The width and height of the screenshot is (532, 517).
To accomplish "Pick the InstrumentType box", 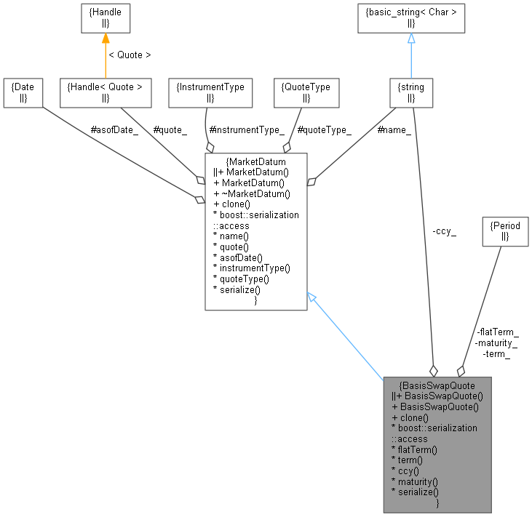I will [x=210, y=92].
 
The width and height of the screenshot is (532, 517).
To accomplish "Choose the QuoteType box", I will [x=306, y=92].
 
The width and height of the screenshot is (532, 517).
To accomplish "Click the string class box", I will [x=411, y=92].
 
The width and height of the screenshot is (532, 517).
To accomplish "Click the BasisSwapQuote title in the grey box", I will [x=437, y=385].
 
